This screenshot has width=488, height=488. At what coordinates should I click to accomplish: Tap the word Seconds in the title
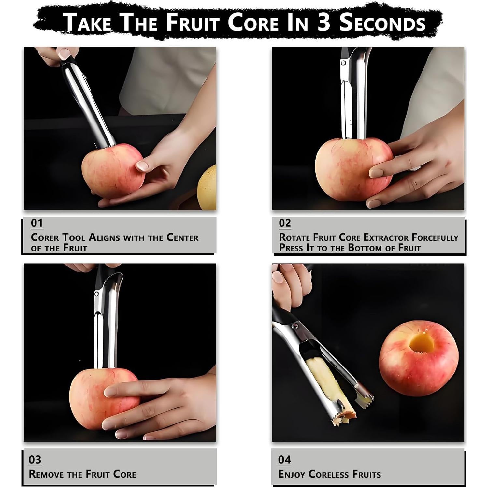tap(382, 23)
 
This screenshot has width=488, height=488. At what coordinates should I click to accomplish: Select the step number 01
tap(37, 223)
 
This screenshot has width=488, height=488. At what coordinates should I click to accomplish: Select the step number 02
tap(285, 223)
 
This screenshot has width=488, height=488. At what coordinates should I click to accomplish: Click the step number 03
tap(35, 460)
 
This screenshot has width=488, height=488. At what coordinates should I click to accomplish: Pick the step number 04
tap(284, 460)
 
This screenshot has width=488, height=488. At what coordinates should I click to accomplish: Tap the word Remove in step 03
tap(47, 474)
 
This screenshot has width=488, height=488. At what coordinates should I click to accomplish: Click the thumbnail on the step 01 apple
tap(142, 165)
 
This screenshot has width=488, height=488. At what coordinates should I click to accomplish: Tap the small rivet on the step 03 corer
tap(96, 294)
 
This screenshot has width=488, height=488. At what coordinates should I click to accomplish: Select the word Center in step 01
tap(182, 237)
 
